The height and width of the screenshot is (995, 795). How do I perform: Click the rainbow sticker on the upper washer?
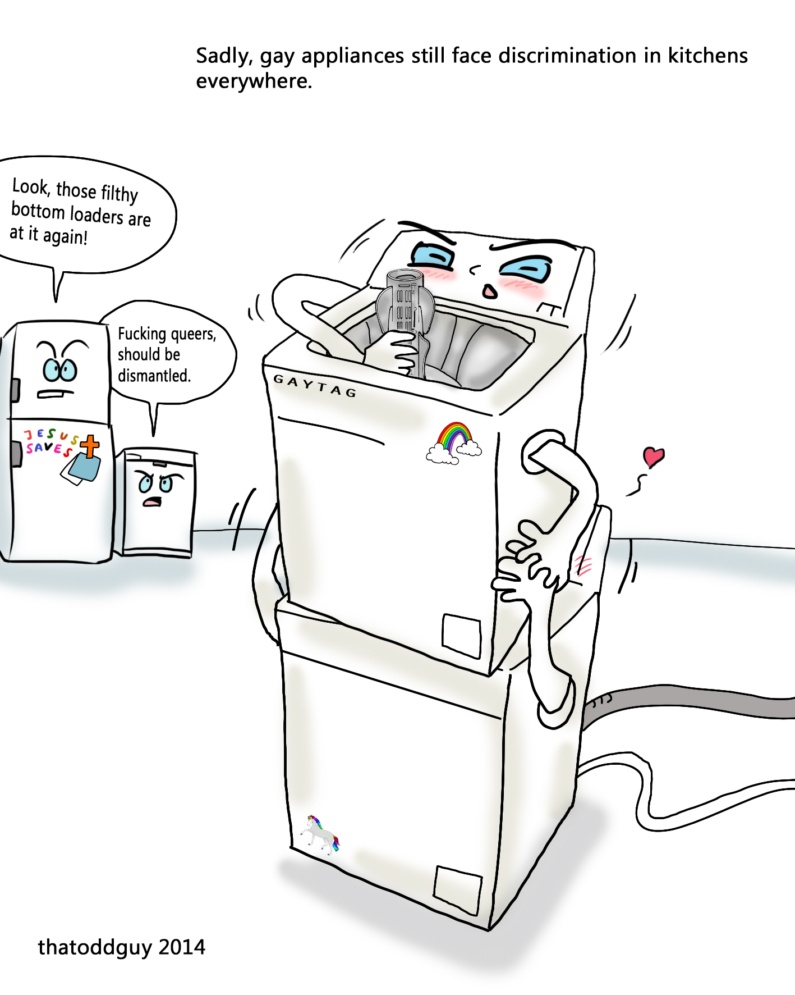click(454, 444)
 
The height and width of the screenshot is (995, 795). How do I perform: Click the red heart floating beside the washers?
click(654, 457)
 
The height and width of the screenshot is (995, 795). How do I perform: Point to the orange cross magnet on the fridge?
click(90, 446)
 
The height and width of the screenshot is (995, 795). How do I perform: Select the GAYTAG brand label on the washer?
click(315, 386)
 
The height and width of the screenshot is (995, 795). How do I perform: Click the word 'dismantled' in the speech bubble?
click(154, 376)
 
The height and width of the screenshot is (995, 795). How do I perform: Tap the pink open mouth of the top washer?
click(490, 292)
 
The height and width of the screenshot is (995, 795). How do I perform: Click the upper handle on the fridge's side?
click(15, 390)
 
